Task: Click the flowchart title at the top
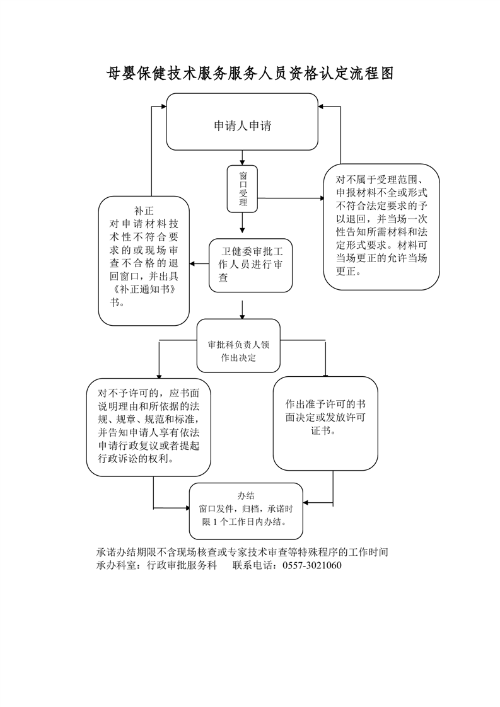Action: click(x=250, y=74)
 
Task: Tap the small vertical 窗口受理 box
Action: click(x=243, y=189)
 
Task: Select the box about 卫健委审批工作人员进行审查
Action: click(x=251, y=265)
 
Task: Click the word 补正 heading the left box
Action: click(x=144, y=210)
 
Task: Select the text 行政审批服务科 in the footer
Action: click(x=182, y=565)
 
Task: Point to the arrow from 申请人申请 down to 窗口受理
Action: click(x=242, y=158)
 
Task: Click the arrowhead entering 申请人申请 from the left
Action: click(x=161, y=106)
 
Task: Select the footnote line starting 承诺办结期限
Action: click(x=241, y=552)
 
